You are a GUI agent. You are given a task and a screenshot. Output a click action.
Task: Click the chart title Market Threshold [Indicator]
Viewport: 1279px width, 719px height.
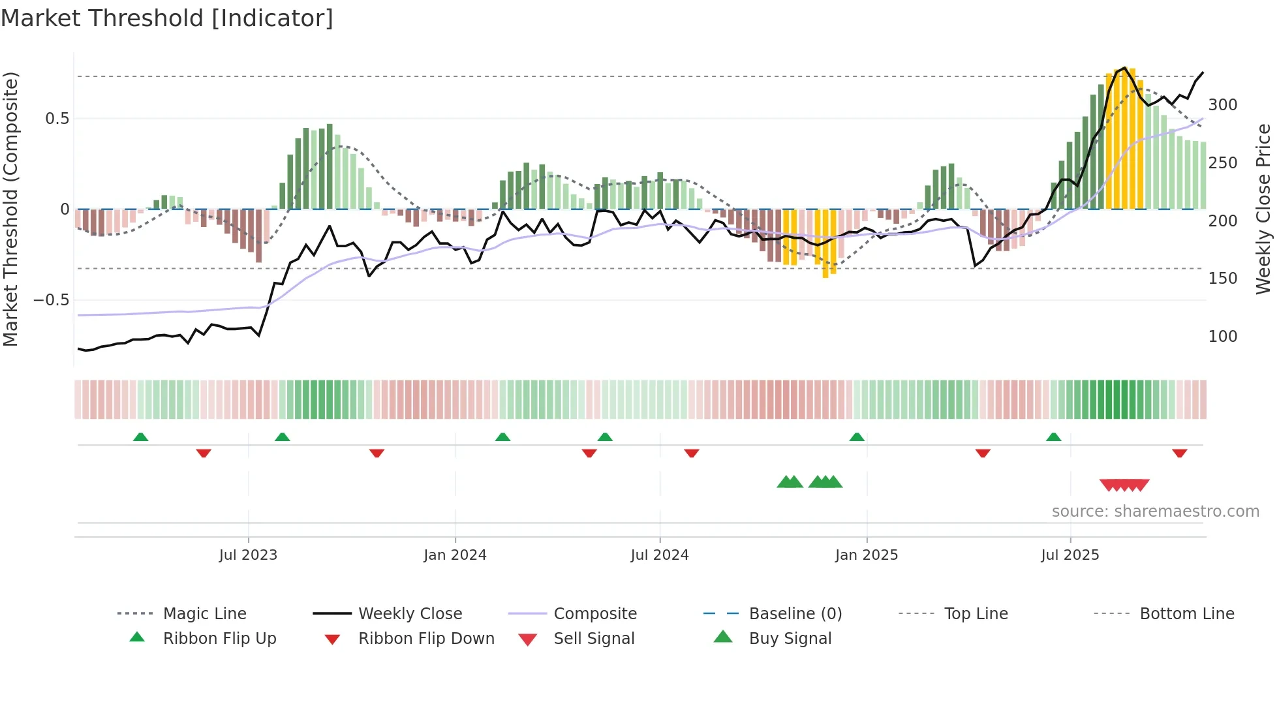click(167, 18)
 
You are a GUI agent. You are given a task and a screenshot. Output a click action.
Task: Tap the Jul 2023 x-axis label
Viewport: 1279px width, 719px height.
click(248, 555)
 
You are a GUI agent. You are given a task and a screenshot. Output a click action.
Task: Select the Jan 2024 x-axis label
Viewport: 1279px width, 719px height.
click(455, 555)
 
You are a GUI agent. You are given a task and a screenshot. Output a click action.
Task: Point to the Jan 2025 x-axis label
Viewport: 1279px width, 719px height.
click(867, 555)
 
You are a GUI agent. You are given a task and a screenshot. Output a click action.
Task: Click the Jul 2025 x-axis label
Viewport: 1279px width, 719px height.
click(1070, 555)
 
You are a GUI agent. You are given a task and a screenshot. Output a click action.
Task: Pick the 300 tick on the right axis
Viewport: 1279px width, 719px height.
click(1223, 105)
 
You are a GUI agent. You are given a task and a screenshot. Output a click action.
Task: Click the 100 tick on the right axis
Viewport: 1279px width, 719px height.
click(1223, 337)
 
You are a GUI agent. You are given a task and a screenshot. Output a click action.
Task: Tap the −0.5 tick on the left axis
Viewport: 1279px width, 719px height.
click(52, 300)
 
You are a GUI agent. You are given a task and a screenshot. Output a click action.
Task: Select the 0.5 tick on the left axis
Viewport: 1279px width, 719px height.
click(57, 119)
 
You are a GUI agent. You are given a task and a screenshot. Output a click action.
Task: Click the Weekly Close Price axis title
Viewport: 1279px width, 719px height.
click(1263, 209)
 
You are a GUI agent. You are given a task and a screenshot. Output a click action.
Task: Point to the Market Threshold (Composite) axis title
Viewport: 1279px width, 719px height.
click(10, 209)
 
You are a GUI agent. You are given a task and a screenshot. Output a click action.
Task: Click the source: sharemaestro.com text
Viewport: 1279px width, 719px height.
click(1155, 512)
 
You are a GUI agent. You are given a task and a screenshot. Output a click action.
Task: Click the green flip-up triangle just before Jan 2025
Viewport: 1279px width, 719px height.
click(857, 437)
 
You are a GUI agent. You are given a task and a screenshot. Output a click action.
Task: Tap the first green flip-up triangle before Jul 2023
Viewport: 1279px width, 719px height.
click(140, 437)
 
